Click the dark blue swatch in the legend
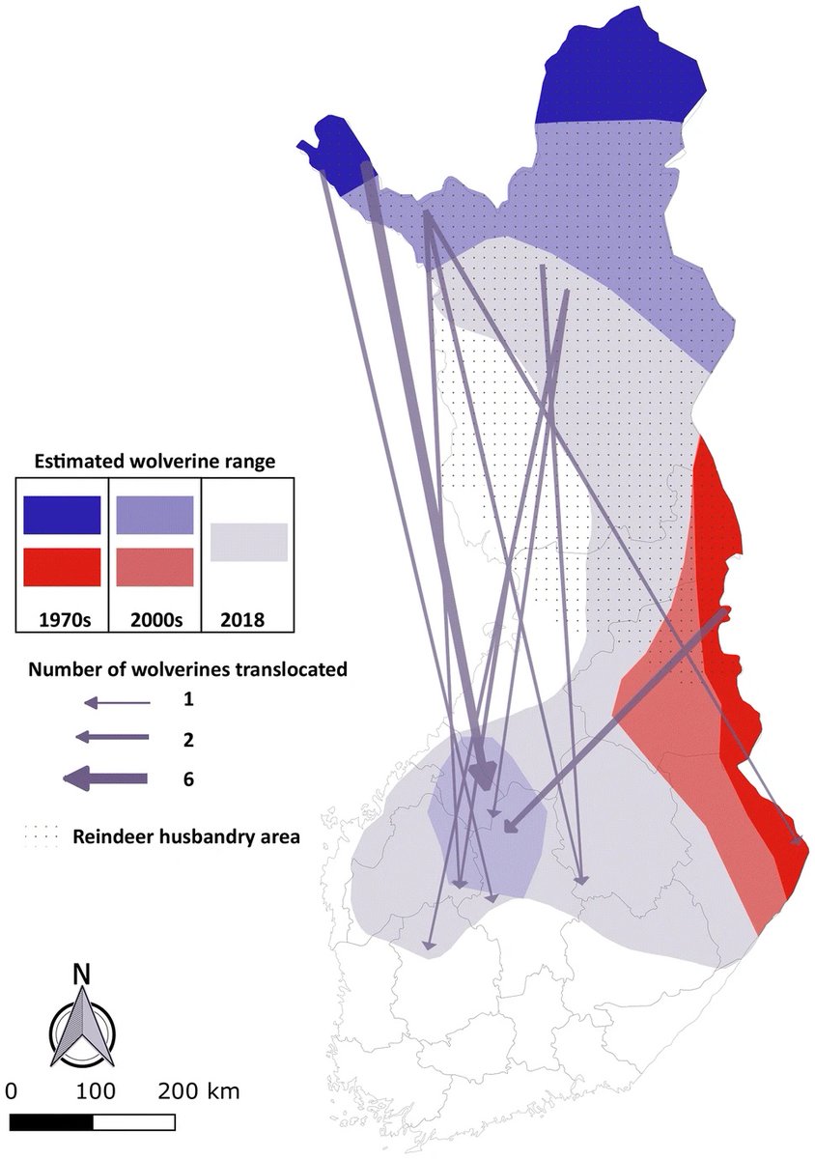coord(62,515)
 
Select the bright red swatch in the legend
coord(62,567)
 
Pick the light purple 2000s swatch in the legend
coord(155,515)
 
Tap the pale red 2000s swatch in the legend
coord(155,567)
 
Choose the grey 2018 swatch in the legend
coord(249,541)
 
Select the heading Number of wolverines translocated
coord(187,668)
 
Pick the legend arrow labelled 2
coord(112,738)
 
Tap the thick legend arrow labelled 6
coord(105,777)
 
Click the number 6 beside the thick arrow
coord(187,777)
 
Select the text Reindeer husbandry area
coord(186,836)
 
